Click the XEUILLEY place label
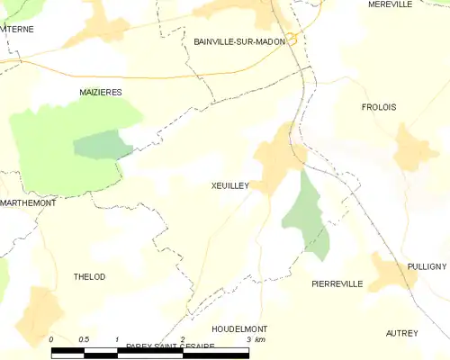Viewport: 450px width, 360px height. [x=229, y=184]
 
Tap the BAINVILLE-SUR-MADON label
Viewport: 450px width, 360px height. [x=238, y=41]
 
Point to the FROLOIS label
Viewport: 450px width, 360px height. [x=378, y=107]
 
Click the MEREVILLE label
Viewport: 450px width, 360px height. [x=390, y=4]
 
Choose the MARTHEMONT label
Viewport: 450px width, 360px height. [x=28, y=202]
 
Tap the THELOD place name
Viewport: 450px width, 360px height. [x=89, y=277]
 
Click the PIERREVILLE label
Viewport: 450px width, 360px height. [x=337, y=283]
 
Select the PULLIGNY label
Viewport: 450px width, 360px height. [x=426, y=266]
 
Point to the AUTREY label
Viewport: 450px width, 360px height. [x=401, y=333]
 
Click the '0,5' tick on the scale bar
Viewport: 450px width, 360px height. [x=84, y=339]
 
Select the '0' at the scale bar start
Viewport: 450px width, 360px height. [x=52, y=339]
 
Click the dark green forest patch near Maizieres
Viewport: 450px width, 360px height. [x=102, y=144]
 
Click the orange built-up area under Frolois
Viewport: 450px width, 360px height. [x=414, y=148]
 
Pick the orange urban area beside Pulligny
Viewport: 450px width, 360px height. [x=391, y=273]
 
